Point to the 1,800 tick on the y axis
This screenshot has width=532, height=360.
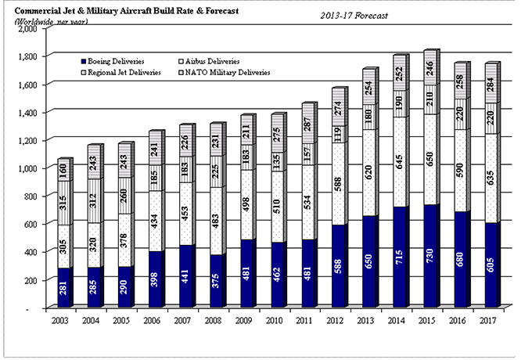29,56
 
